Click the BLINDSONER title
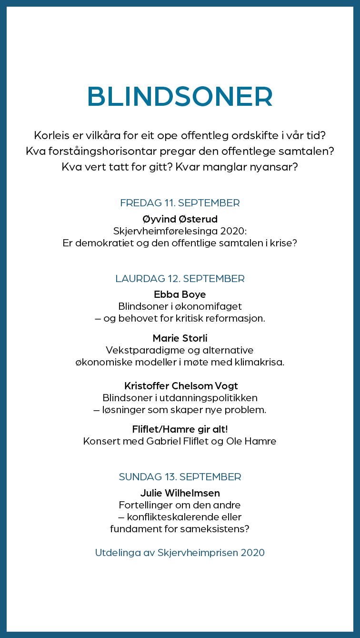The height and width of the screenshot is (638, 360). coord(180,97)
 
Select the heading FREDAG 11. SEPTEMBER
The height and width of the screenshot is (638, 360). coord(180,203)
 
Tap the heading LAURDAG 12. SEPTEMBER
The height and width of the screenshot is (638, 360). coord(180,279)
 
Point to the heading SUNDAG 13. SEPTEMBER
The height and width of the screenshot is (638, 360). coord(180,477)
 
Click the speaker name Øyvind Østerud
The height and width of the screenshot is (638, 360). coord(180,219)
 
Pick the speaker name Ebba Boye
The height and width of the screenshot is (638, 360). coord(180,294)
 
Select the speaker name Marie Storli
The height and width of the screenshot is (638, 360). coord(180,338)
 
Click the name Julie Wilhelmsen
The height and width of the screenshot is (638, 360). coord(180,493)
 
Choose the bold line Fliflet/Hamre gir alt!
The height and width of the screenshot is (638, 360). coord(180,429)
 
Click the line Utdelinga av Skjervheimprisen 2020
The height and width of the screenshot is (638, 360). coord(180,553)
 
